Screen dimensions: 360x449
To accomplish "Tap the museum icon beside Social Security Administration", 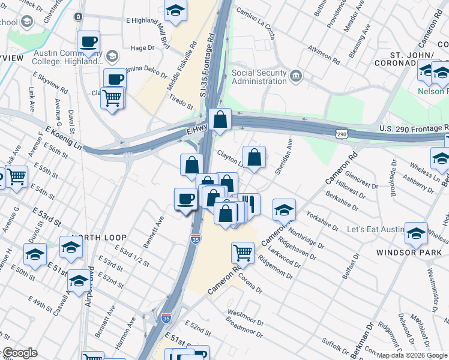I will click(295, 76).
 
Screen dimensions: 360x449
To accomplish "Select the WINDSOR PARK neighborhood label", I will click(409, 253).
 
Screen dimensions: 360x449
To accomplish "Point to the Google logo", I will click(20, 353).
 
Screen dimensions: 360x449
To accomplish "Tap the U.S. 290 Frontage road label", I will click(414, 128).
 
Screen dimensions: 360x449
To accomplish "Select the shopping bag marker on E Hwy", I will click(220, 119).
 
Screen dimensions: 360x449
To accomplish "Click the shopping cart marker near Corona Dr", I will click(243, 252).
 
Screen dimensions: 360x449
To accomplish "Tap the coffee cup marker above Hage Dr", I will click(88, 41).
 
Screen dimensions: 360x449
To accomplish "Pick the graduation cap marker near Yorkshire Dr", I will click(284, 209).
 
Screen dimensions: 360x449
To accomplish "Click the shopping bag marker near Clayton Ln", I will click(255, 158).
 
